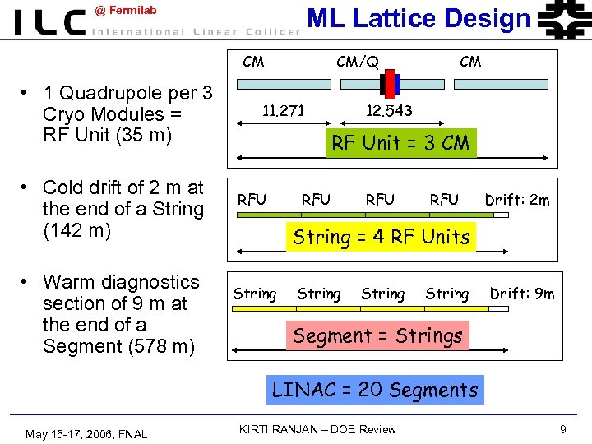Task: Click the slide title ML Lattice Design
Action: [419, 18]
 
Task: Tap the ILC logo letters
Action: [49, 22]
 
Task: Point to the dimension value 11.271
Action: [283, 110]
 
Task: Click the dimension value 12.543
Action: [388, 110]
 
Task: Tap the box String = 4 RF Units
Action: [381, 237]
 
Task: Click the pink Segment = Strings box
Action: [377, 335]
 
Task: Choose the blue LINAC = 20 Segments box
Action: [375, 389]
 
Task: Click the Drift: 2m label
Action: [517, 200]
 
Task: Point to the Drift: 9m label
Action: [522, 294]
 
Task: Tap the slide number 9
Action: [562, 429]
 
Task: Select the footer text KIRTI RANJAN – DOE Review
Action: [317, 429]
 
